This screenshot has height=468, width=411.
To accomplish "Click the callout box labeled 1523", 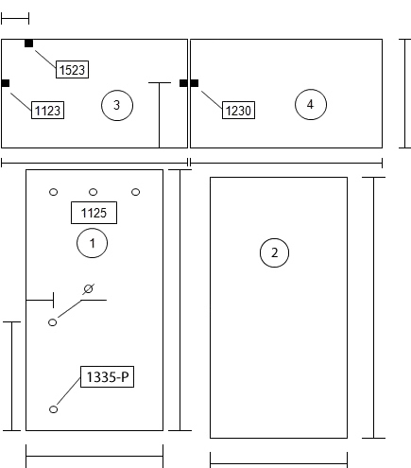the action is click(x=72, y=69).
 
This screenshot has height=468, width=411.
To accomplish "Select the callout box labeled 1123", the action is click(x=47, y=110).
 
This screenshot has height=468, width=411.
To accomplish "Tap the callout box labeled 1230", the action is click(x=238, y=110).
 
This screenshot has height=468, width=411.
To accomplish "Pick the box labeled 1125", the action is click(x=94, y=213).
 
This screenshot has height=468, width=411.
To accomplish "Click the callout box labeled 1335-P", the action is click(x=107, y=376).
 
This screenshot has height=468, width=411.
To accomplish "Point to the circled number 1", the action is click(x=92, y=243).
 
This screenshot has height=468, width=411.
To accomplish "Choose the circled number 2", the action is click(x=274, y=252).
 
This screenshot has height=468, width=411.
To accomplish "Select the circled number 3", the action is click(x=117, y=105).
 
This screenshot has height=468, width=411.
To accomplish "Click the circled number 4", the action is click(x=311, y=104).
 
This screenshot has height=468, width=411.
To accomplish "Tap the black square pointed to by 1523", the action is click(x=28, y=43).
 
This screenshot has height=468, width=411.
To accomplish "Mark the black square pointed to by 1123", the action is click(x=6, y=83).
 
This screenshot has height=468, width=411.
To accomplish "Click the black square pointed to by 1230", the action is click(x=195, y=83).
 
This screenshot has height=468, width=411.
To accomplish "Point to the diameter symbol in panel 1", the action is click(x=89, y=288).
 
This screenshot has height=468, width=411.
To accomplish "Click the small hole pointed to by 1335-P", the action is click(x=53, y=409).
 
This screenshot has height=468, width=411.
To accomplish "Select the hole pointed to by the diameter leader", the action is click(x=53, y=322).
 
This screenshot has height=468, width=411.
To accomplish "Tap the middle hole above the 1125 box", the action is click(x=93, y=192).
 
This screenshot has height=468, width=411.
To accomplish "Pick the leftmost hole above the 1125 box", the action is click(x=54, y=192).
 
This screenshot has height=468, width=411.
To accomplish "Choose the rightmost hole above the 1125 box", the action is click(x=135, y=192).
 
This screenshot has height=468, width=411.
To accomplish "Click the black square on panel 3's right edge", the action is click(x=183, y=83).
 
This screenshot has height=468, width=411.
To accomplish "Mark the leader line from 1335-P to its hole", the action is click(x=69, y=390).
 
